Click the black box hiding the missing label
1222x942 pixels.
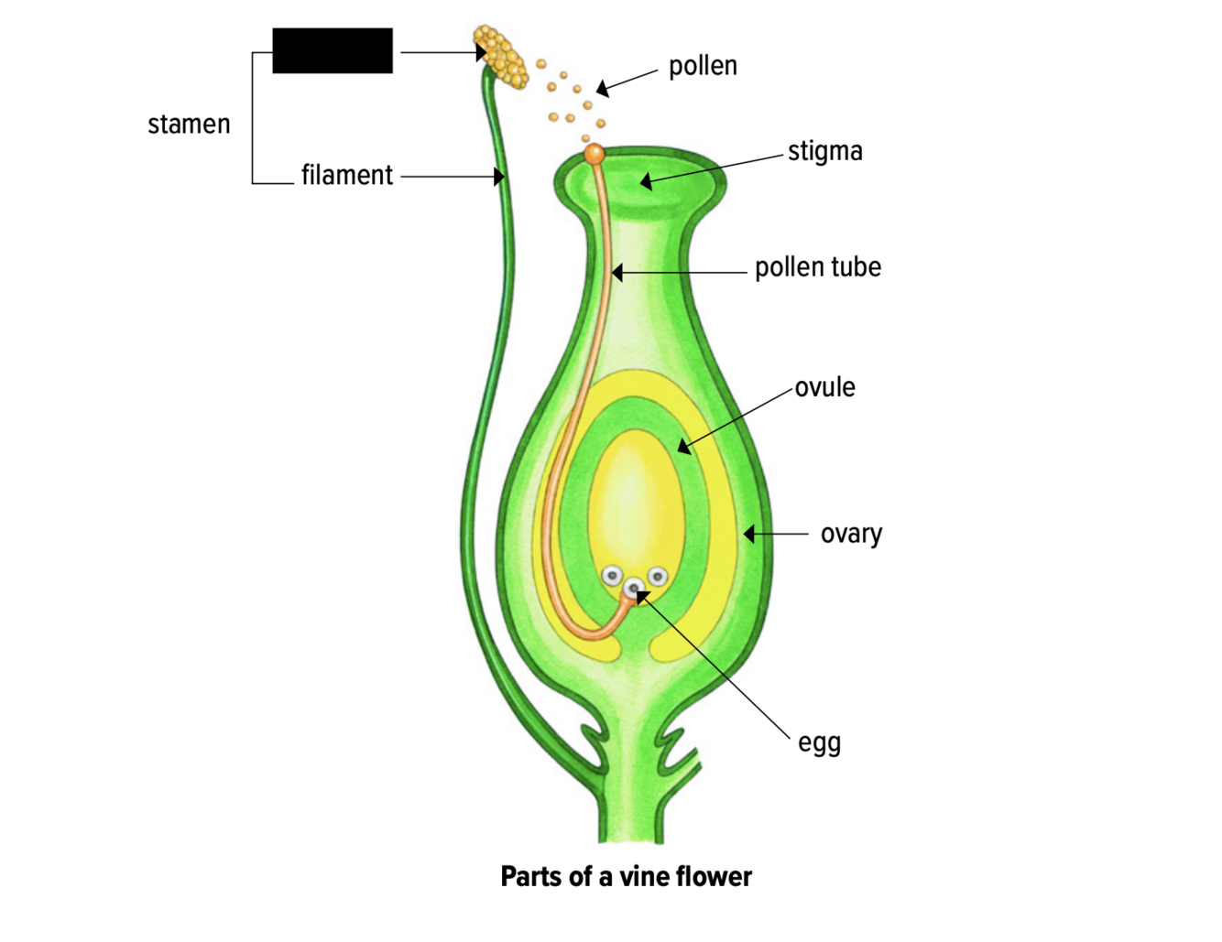click(333, 50)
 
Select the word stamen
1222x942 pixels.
click(189, 125)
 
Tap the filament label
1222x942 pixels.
click(346, 175)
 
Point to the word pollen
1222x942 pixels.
click(703, 66)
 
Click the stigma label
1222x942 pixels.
click(824, 151)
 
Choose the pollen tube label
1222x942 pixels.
click(817, 267)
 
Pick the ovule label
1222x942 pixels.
click(824, 387)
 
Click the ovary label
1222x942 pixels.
click(851, 534)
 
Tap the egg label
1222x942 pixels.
click(819, 742)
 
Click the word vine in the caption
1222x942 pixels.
click(646, 876)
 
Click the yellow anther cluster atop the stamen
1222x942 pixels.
click(501, 57)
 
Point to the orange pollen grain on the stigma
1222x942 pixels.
click(595, 154)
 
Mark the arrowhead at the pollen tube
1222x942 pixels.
click(617, 272)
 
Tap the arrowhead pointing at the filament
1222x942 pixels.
click(499, 176)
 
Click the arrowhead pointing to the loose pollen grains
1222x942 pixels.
click(602, 89)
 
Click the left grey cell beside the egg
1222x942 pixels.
click(612, 577)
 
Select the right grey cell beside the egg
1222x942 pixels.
click(657, 577)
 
